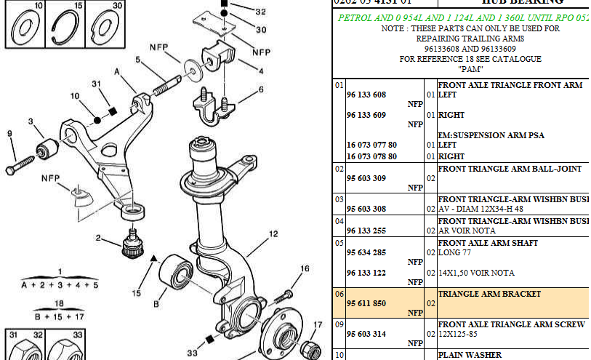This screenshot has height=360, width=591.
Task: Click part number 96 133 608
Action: (x=366, y=95)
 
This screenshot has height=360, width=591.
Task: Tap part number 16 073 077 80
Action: (x=371, y=145)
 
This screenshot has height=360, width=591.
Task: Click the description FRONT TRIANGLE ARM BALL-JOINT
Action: (x=510, y=169)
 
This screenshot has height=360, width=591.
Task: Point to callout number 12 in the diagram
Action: (x=273, y=234)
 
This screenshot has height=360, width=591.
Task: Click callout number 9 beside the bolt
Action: (x=9, y=133)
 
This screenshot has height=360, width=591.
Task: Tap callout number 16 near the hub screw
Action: (x=305, y=269)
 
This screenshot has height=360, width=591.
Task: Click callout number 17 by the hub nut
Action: (x=318, y=325)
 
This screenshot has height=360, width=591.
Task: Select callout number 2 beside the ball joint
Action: (x=98, y=238)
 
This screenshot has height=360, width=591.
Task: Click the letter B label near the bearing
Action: (x=156, y=304)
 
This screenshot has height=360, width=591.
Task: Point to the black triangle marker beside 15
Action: (x=153, y=257)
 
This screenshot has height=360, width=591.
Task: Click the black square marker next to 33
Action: (x=209, y=339)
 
